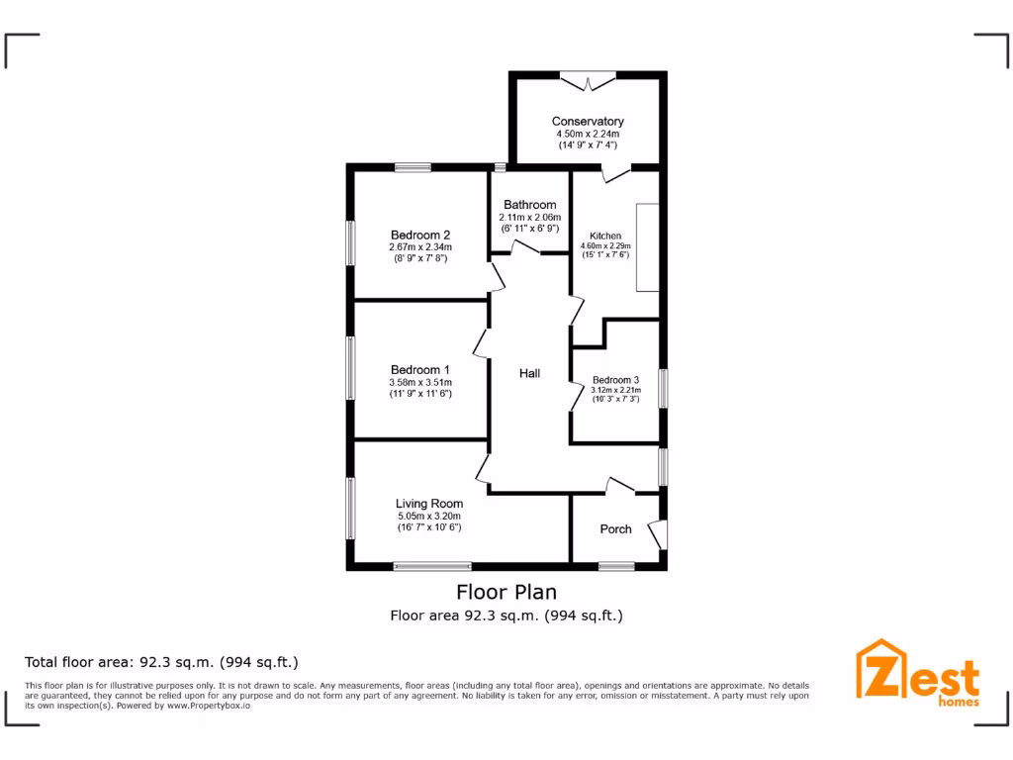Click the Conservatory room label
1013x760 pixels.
tap(588, 121)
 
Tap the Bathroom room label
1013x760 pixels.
tap(530, 205)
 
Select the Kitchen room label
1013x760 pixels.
tap(604, 236)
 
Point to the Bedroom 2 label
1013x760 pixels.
tap(420, 235)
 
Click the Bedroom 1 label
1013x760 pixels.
tap(420, 370)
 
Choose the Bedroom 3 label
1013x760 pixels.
tap(615, 380)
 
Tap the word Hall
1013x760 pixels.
tap(530, 373)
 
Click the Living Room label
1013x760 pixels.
tap(429, 504)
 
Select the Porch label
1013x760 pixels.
tap(615, 529)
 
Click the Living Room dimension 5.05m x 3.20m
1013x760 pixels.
tap(429, 516)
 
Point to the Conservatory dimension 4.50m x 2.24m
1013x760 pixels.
tap(588, 134)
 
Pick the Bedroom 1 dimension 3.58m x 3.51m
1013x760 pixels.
tap(420, 382)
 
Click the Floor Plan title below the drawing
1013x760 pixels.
tap(506, 592)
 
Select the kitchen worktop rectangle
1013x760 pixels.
tap(647, 246)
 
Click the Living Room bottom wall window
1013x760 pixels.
tap(432, 566)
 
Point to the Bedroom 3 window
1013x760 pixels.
tap(664, 387)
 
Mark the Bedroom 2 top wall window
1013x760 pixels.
tap(413, 167)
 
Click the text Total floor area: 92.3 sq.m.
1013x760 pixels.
tap(161, 662)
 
